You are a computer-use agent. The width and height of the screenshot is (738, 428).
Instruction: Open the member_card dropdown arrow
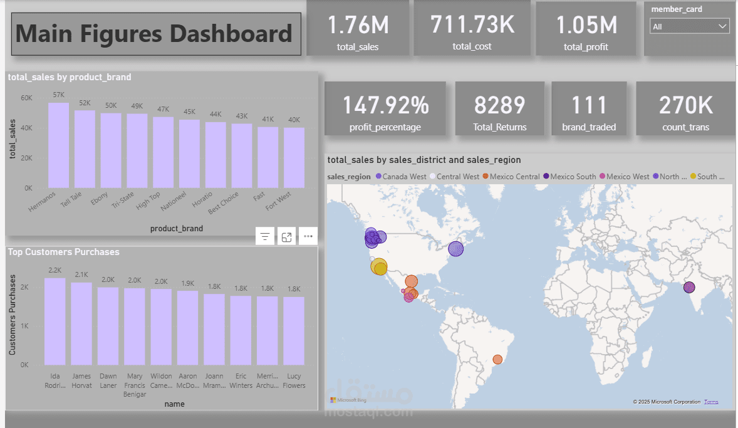723,26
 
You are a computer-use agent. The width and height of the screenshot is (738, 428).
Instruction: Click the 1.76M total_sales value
358,25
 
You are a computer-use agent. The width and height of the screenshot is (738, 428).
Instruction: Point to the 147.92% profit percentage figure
385,105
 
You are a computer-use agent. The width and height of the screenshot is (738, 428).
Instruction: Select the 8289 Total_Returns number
499,105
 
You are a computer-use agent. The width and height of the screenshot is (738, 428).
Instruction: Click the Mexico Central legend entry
514,177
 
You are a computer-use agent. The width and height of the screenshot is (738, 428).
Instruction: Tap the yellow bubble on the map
379,268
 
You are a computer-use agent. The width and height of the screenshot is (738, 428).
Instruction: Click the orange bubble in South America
497,359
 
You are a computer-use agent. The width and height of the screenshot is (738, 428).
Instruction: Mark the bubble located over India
689,287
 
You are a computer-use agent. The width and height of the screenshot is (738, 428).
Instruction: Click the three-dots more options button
308,237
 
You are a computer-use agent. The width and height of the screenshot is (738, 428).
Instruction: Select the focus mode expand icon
286,237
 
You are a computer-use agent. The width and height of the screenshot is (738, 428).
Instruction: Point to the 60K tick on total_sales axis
26,98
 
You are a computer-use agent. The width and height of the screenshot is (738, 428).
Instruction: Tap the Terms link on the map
711,402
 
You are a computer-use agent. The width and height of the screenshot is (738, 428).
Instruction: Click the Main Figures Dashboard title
154,33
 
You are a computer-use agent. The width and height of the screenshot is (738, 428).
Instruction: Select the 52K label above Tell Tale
85,103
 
